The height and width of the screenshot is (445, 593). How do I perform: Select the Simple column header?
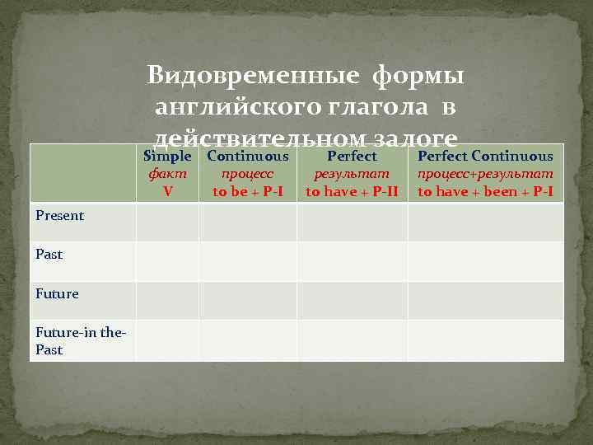(x=167, y=156)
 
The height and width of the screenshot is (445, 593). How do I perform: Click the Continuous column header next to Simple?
(x=248, y=156)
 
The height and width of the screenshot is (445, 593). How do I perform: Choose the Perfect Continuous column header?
(x=485, y=156)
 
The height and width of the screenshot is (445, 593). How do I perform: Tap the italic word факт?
(x=167, y=174)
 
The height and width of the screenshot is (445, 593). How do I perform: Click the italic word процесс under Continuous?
(x=248, y=174)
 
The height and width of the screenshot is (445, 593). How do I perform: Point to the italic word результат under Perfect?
(x=352, y=174)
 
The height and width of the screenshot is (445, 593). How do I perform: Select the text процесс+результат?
(x=485, y=174)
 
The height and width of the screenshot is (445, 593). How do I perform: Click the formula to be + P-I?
(x=248, y=191)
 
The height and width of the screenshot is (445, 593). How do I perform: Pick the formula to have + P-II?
(x=352, y=191)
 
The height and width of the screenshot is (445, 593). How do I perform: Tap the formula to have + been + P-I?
(x=485, y=191)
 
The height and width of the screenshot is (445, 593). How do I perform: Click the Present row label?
(x=59, y=216)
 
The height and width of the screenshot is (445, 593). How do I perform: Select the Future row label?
(x=57, y=293)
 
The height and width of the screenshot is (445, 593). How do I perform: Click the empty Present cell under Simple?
(x=167, y=222)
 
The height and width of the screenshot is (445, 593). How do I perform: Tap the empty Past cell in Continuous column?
(x=248, y=261)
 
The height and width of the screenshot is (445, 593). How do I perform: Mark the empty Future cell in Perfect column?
(x=352, y=300)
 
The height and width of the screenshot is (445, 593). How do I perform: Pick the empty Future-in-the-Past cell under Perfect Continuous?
(x=485, y=340)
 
